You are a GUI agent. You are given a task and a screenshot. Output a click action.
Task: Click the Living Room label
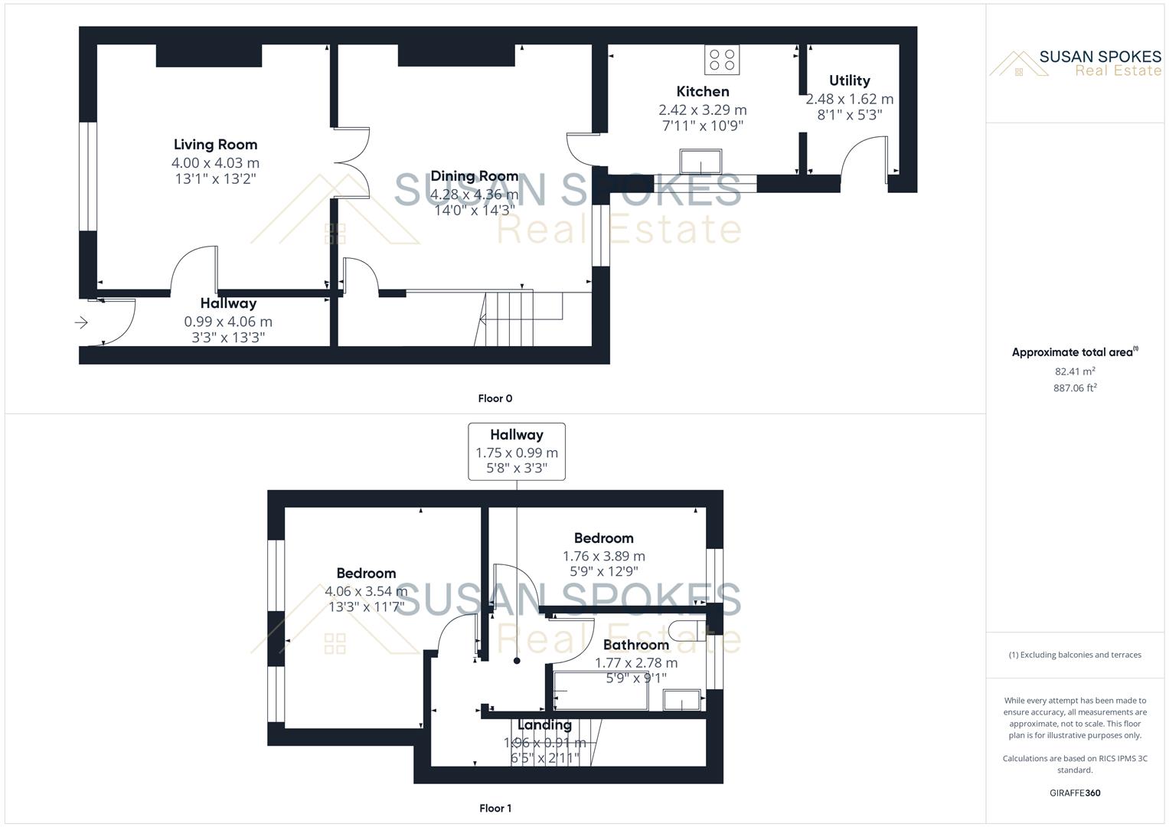coord(215,145)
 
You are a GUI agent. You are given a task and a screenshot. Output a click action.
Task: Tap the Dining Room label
coord(474,176)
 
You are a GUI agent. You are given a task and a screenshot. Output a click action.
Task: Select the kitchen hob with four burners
coord(722,60)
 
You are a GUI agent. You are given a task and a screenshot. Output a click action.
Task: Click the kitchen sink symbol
coord(700,162)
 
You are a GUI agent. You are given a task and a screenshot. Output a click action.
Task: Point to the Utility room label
coord(849,80)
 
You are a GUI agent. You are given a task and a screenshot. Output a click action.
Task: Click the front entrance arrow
coord(81,323)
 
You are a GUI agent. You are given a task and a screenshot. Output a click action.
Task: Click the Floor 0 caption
coord(495,398)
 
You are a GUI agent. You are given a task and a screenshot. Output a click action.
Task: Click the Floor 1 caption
coord(495,808)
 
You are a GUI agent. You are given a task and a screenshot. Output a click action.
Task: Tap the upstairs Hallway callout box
coord(517,451)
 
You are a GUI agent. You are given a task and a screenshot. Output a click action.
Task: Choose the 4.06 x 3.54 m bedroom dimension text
coord(366,591)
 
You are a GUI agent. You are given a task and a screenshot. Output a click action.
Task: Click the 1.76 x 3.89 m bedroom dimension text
coord(603,557)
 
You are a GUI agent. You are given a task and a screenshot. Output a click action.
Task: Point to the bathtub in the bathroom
coord(600,691)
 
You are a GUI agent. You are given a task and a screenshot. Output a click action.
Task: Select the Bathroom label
coord(635,645)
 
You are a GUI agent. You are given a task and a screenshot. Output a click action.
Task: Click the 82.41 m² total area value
coord(1075,371)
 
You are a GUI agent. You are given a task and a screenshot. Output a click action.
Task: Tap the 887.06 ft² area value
coord(1075,388)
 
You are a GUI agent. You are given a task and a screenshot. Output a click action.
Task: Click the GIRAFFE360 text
coord(1075,793)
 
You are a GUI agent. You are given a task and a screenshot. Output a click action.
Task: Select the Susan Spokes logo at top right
coord(1075,64)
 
